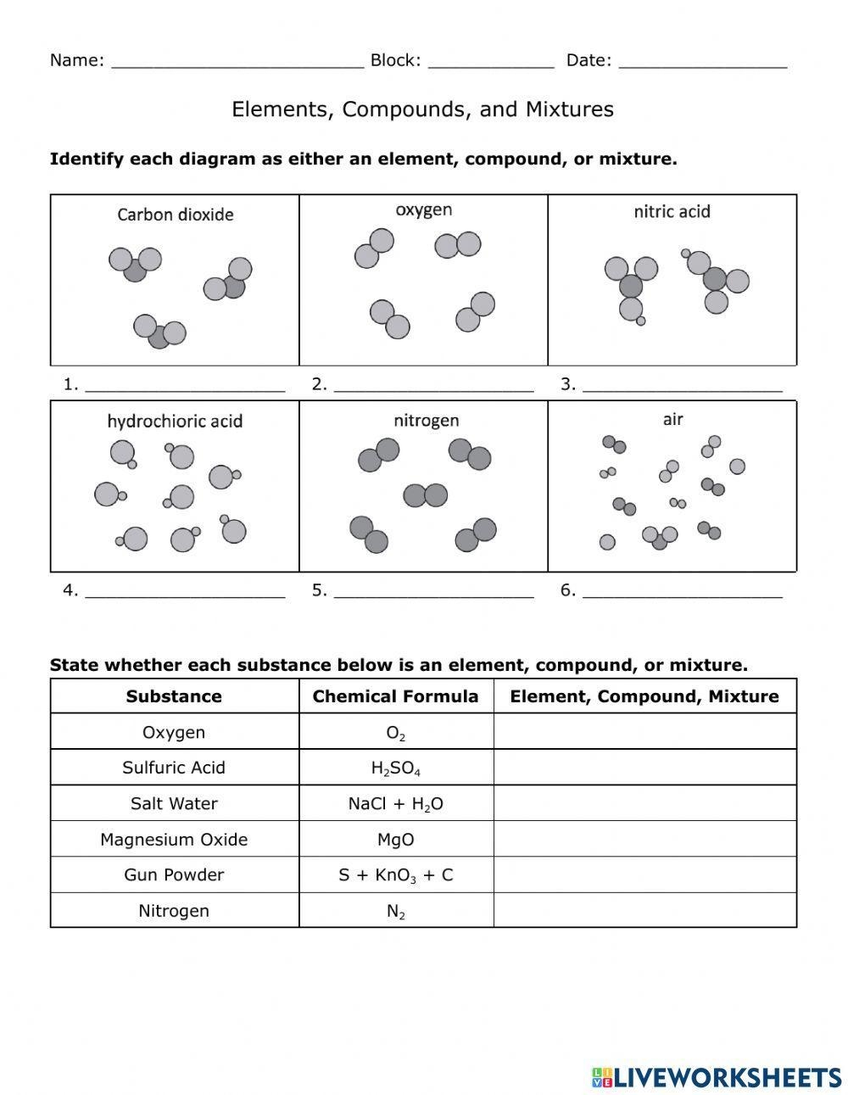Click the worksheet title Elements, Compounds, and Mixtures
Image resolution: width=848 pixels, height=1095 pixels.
tap(422, 109)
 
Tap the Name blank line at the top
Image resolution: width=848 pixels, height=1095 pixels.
tap(237, 61)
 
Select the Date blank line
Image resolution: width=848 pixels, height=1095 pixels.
tap(703, 61)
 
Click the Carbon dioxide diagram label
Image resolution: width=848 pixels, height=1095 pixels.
tap(176, 215)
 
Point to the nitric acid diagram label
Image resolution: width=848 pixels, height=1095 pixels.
tap(672, 211)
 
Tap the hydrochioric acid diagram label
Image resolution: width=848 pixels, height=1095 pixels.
tap(175, 421)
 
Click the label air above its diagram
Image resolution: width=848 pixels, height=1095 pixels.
tap(672, 419)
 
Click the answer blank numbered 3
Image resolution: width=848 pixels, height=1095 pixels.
tap(682, 386)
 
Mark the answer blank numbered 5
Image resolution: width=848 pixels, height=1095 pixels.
tap(433, 592)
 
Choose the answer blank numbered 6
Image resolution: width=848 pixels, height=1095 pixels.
tap(682, 592)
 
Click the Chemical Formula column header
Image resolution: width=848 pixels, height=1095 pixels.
tap(395, 696)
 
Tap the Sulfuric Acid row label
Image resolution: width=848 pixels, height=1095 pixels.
tap(174, 768)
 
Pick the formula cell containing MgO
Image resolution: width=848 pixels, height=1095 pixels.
tap(395, 840)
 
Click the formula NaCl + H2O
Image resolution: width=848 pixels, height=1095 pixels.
tap(395, 804)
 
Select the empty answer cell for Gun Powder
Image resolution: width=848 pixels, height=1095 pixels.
tap(644, 874)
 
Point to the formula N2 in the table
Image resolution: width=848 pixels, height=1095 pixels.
tap(395, 912)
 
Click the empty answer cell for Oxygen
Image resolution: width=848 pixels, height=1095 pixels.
tap(644, 732)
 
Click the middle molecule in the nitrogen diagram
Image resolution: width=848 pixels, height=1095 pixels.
tap(425, 495)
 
